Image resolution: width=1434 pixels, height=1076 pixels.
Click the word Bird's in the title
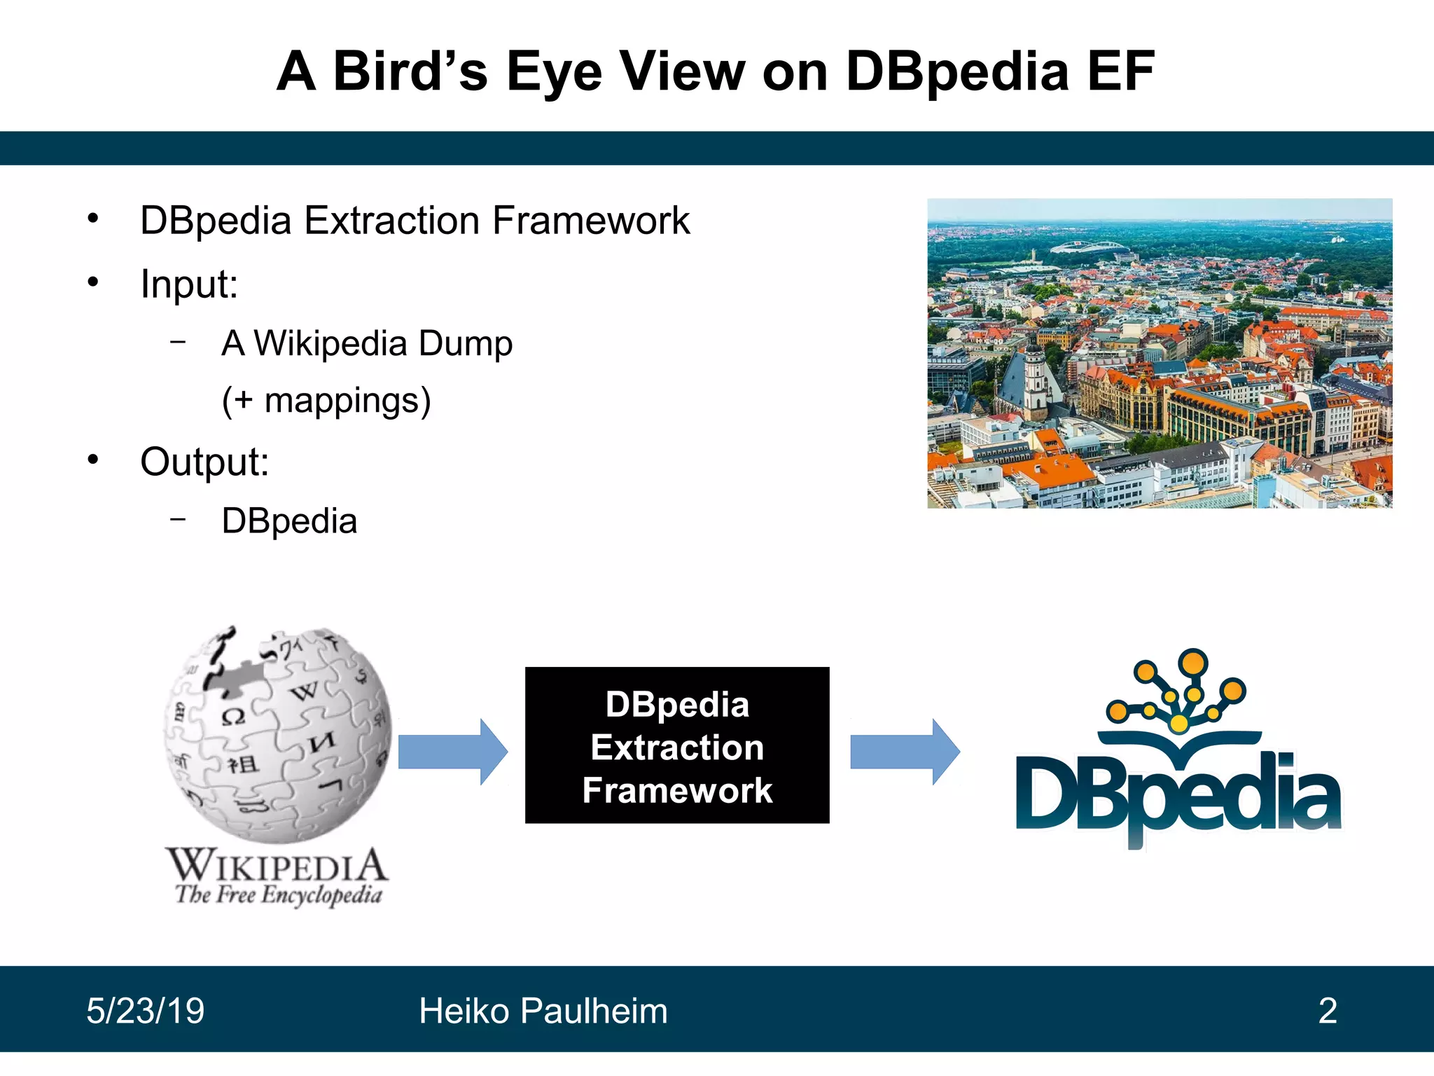(410, 71)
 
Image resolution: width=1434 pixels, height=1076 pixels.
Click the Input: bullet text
(189, 284)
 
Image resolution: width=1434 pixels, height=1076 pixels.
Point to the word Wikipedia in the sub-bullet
(330, 343)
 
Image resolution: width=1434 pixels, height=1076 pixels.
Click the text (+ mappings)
(326, 401)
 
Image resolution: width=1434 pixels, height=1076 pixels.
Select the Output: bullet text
(204, 462)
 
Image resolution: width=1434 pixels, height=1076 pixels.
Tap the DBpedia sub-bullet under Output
(289, 521)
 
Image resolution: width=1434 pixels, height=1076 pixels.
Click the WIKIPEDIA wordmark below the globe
(277, 866)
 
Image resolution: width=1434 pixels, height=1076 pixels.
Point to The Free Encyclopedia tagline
(279, 895)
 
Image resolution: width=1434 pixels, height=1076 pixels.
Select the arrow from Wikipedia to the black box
(452, 751)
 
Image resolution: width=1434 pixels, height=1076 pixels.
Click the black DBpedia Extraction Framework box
(677, 745)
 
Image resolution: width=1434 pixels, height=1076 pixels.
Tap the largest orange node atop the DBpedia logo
(1192, 662)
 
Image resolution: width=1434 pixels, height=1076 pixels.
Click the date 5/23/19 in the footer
(146, 1011)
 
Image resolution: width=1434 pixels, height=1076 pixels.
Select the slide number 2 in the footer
(1328, 1011)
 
